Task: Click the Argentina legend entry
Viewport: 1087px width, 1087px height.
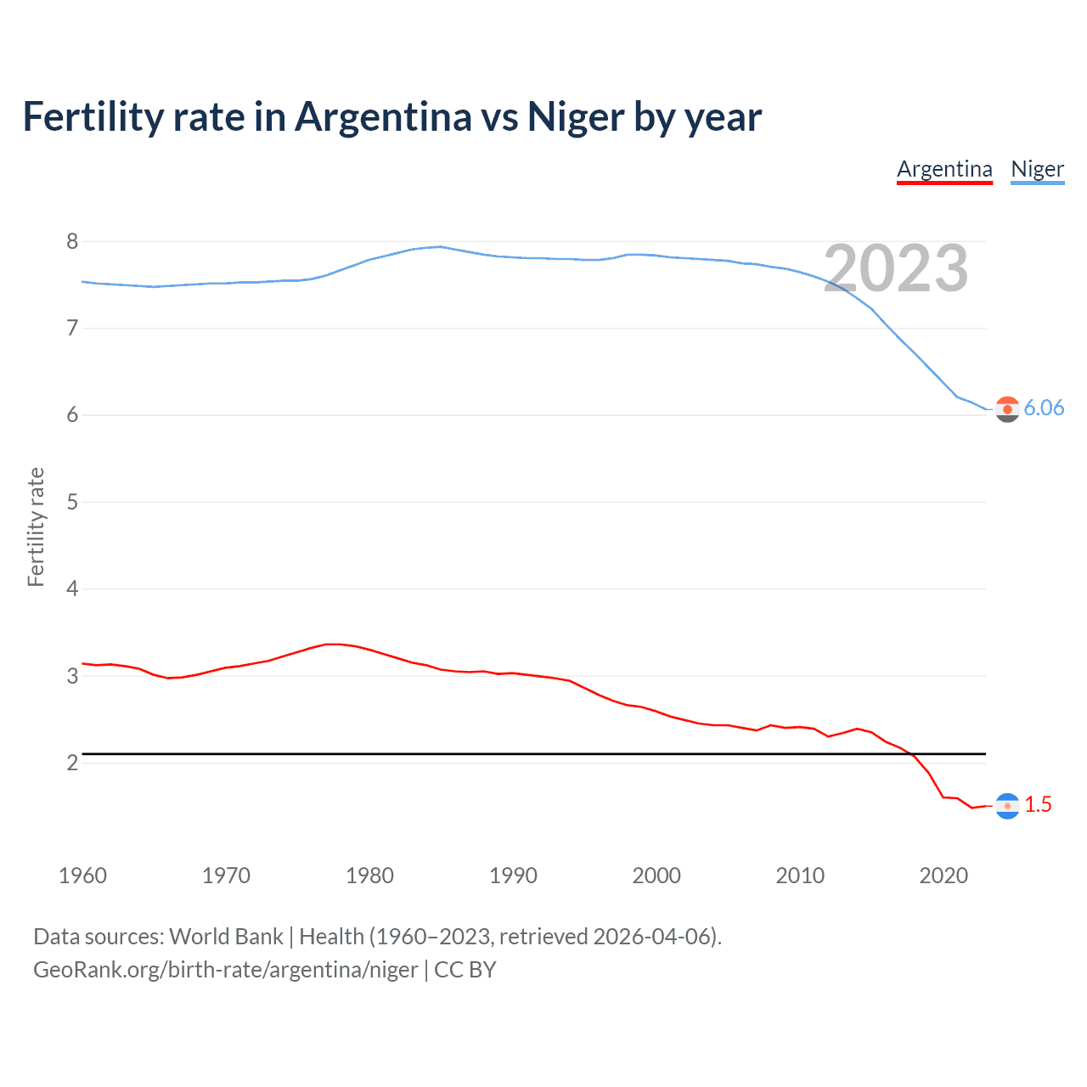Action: (x=944, y=169)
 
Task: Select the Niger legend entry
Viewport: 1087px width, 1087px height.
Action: (x=1037, y=169)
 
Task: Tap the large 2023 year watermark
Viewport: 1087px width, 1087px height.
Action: (x=896, y=268)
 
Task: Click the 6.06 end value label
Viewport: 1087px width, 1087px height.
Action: (x=1044, y=408)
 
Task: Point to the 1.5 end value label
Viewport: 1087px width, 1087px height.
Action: (x=1038, y=805)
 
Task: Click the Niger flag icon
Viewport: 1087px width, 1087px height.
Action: (x=1007, y=409)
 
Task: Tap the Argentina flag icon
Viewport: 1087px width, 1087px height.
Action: (x=1007, y=806)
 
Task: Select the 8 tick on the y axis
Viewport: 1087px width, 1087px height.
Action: (x=72, y=242)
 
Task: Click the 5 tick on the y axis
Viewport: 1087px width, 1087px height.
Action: (x=72, y=502)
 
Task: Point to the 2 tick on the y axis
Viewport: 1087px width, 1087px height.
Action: (x=72, y=763)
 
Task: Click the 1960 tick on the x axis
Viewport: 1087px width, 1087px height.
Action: (x=82, y=876)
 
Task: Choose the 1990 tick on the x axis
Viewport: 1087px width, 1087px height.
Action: (x=513, y=876)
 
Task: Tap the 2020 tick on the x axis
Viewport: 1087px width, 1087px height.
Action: (x=943, y=876)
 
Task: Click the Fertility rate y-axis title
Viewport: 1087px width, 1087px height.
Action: (x=36, y=527)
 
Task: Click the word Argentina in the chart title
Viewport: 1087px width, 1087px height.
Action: (x=382, y=116)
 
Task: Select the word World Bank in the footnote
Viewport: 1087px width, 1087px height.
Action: (x=226, y=937)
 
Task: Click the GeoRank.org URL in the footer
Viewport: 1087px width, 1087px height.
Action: (x=225, y=970)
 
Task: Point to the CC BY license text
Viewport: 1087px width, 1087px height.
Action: (x=465, y=970)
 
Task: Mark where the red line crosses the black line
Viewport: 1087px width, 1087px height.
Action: (x=910, y=753)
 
